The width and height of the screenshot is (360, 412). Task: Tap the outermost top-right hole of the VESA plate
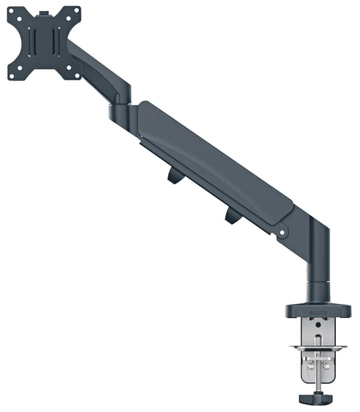[x=77, y=10]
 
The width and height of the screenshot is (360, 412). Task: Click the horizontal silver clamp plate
[x=318, y=348]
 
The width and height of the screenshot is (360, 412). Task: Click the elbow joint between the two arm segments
[x=125, y=110]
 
